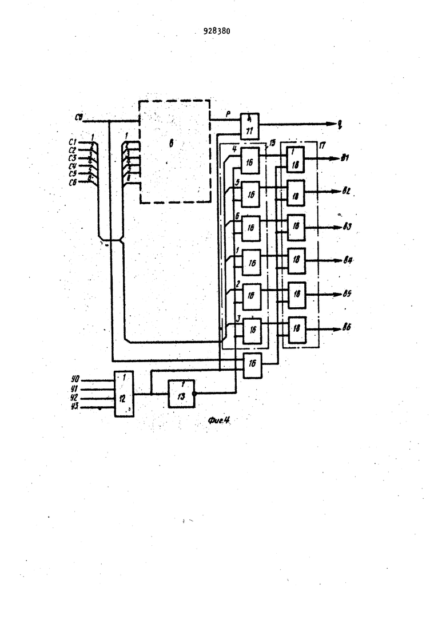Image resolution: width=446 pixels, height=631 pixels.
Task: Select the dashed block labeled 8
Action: click(174, 151)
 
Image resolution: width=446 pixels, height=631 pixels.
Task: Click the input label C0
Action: click(80, 118)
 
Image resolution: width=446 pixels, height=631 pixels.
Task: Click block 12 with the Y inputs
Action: click(124, 394)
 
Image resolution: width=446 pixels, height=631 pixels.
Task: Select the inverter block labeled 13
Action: click(181, 393)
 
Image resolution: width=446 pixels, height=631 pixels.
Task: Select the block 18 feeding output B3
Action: click(296, 227)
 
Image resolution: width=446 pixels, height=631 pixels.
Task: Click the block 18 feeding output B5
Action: click(296, 295)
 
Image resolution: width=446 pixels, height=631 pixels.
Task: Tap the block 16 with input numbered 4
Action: click(250, 160)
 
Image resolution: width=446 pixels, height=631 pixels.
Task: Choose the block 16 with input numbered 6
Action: click(250, 228)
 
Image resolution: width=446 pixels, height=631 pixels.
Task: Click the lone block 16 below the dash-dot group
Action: click(252, 364)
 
